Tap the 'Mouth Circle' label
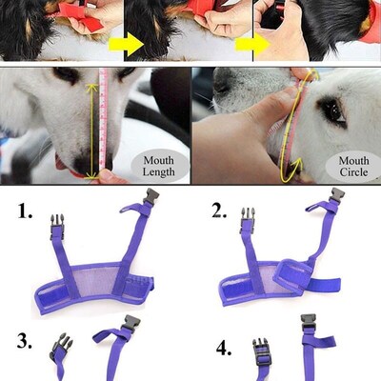pos(352,168)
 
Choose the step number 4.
pos(224,348)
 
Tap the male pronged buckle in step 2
pos(248,221)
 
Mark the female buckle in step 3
pos(130,327)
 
